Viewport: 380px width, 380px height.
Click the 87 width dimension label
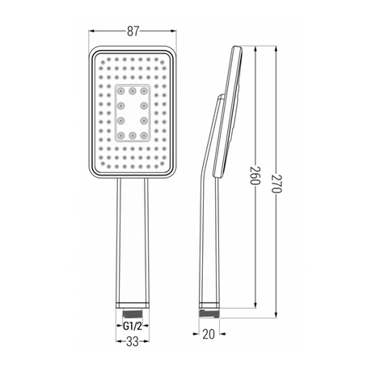[x=133, y=31]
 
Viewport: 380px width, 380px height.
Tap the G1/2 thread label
[x=133, y=327]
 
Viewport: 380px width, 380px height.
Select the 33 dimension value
[x=133, y=342]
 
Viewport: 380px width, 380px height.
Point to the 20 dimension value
[x=209, y=334]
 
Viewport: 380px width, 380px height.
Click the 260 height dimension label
[x=255, y=175]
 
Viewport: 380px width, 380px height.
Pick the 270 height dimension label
[x=277, y=184]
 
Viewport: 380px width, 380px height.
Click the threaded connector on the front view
[x=133, y=314]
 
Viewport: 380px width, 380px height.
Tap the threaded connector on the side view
[x=209, y=314]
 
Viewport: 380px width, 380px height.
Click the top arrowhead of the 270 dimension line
[x=277, y=49]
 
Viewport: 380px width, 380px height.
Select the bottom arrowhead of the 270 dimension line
[x=277, y=315]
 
